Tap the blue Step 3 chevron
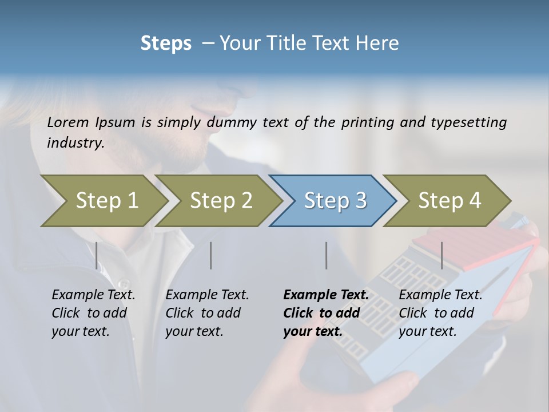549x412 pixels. click(x=335, y=201)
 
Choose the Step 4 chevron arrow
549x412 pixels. click(x=449, y=201)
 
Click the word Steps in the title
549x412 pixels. click(x=166, y=43)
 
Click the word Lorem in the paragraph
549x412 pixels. click(x=69, y=122)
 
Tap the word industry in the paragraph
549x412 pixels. click(x=75, y=143)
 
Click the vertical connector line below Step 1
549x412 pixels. click(x=97, y=255)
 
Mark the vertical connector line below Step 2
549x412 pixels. click(x=211, y=255)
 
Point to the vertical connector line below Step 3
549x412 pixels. click(x=326, y=255)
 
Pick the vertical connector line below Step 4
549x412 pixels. click(x=441, y=255)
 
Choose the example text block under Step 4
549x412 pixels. click(x=440, y=313)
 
